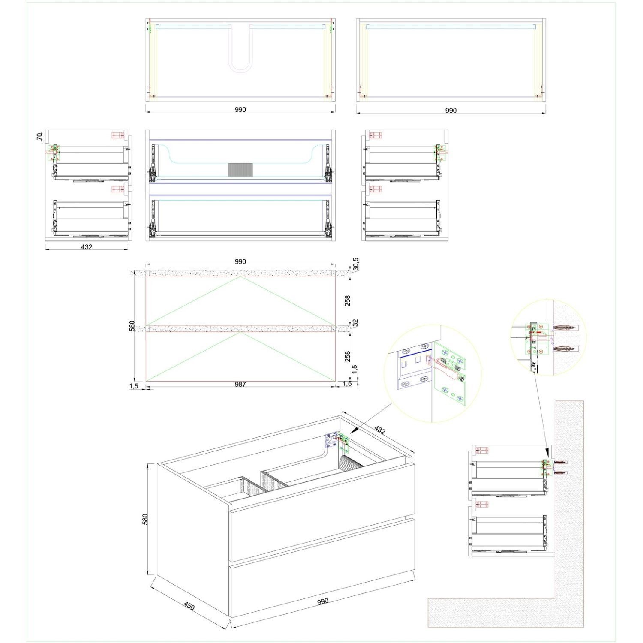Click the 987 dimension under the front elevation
pos(240,385)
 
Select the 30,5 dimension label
pos(355,265)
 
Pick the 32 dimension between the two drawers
pos(355,322)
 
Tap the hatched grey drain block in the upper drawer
pos(240,170)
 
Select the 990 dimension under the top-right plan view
pos(451,111)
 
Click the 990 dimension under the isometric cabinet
pos(323,601)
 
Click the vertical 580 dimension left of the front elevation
pos(132,326)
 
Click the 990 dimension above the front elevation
pos(240,261)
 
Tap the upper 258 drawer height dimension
pos(348,301)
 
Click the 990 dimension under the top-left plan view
pos(240,110)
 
